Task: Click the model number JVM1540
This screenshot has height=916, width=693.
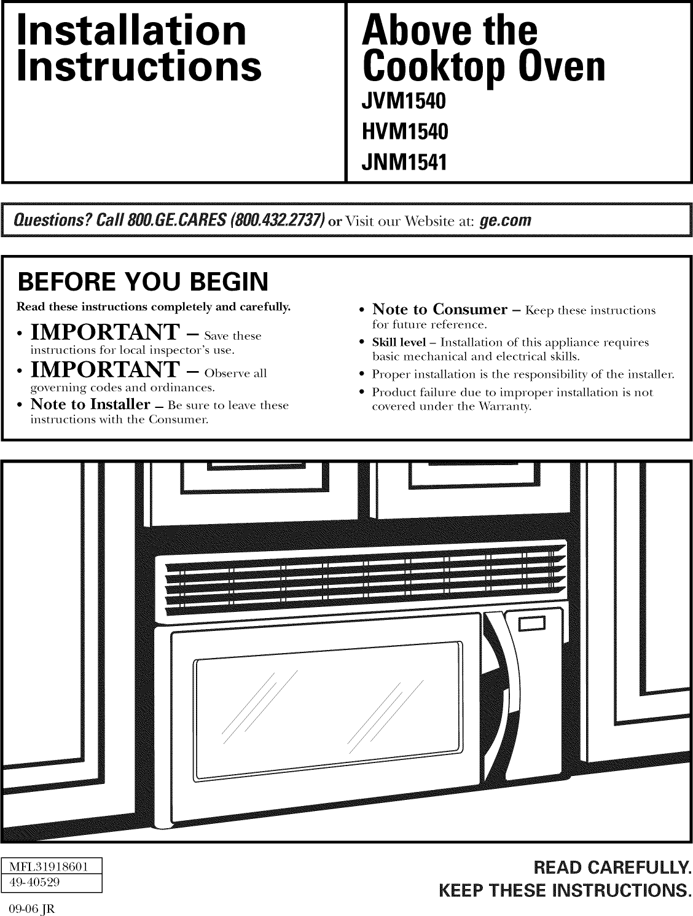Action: (403, 100)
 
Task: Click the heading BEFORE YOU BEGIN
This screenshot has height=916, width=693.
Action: (143, 282)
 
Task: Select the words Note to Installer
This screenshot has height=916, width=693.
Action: (90, 404)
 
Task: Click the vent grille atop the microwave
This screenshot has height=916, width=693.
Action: (362, 577)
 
